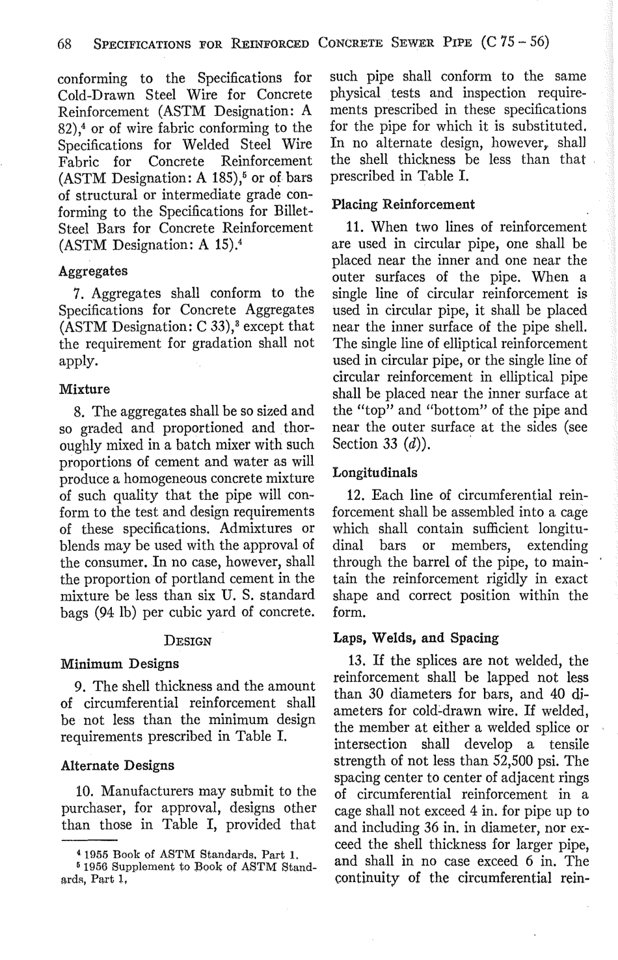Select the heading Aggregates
[93, 270]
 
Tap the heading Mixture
[85, 389]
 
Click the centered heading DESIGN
[188, 641]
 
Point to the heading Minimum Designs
[119, 664]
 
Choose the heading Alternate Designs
[117, 765]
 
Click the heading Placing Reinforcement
[403, 205]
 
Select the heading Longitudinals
[375, 473]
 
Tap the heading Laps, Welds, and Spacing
[416, 638]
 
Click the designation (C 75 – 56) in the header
[515, 43]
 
